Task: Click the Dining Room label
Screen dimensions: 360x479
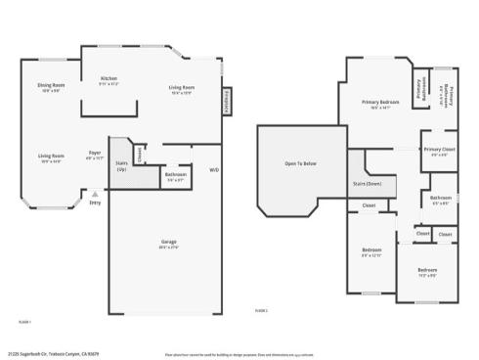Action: pyautogui.click(x=51, y=86)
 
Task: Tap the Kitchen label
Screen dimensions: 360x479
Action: pyautogui.click(x=109, y=80)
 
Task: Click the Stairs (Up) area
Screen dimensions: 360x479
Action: pyautogui.click(x=121, y=167)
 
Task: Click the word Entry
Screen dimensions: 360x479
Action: pyautogui.click(x=95, y=202)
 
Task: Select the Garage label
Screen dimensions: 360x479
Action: pyautogui.click(x=168, y=245)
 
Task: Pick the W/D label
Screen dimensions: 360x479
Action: pyautogui.click(x=214, y=169)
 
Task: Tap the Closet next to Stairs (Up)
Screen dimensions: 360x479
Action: pyautogui.click(x=142, y=154)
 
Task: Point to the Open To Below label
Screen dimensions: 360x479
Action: pyautogui.click(x=301, y=162)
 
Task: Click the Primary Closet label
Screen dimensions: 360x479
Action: pyautogui.click(x=436, y=150)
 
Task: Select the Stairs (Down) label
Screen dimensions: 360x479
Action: pyautogui.click(x=367, y=183)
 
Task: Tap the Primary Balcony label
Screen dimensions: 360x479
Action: pyautogui.click(x=445, y=94)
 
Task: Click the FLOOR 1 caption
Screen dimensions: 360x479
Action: pyautogui.click(x=25, y=320)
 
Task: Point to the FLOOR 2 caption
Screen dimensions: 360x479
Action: pyautogui.click(x=261, y=311)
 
